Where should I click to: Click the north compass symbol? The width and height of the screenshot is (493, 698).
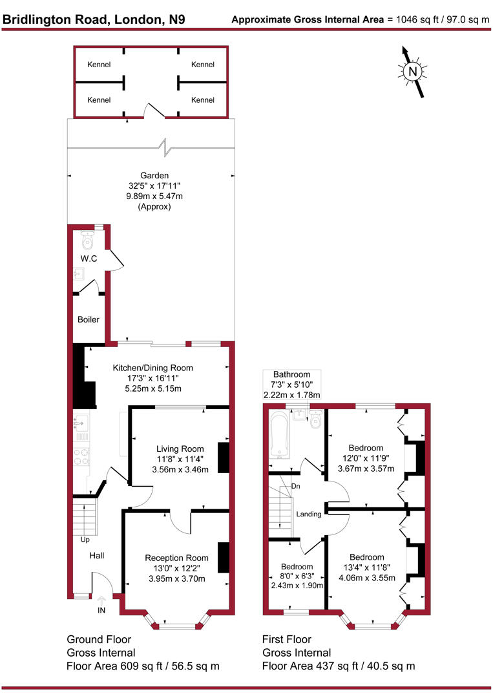click(412, 71)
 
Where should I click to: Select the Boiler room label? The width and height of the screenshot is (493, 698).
click(89, 319)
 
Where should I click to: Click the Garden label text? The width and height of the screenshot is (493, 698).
click(154, 175)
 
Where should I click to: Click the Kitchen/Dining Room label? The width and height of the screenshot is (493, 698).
click(153, 368)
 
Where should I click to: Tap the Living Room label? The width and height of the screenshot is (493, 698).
click(180, 449)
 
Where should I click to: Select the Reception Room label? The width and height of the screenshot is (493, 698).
click(176, 558)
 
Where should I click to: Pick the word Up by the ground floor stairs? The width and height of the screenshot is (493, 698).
click(85, 540)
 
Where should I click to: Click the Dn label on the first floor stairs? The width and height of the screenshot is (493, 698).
click(295, 486)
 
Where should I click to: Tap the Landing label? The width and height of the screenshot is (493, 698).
click(309, 514)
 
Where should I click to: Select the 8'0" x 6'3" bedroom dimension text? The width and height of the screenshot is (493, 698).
click(297, 575)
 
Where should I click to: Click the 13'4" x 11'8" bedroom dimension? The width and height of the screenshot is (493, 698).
click(366, 568)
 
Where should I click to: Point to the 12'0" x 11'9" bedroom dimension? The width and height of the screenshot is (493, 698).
click(366, 458)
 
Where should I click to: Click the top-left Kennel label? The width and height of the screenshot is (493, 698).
click(99, 65)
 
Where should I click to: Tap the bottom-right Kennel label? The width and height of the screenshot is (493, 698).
click(203, 100)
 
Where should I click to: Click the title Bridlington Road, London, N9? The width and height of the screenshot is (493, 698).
click(94, 19)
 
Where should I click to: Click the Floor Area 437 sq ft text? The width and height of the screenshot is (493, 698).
click(339, 666)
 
